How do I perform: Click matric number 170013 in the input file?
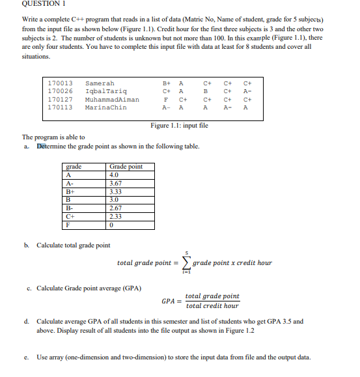pos(61,83)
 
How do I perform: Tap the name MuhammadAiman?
pos(112,100)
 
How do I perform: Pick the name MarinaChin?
pos(106,107)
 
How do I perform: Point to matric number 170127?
pos(61,100)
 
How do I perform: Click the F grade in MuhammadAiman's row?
pos(168,100)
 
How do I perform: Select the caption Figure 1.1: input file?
pos(179,125)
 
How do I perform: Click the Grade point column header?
pos(126,167)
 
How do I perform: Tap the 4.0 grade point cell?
pos(115,175)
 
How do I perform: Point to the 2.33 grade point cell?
pos(116,217)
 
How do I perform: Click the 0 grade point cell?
pos(112,225)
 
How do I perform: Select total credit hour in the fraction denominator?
pos(212,305)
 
